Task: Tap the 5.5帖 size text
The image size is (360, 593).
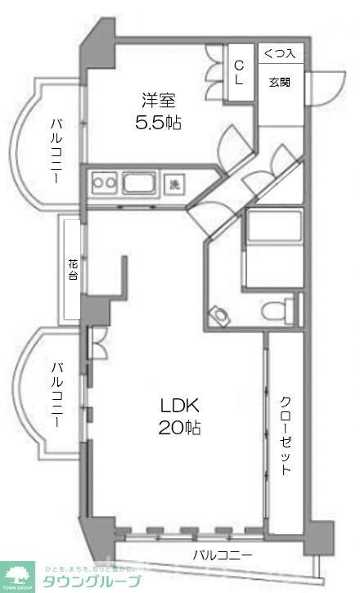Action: (159, 124)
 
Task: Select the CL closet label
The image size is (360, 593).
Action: (240, 73)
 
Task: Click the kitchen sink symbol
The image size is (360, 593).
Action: (141, 183)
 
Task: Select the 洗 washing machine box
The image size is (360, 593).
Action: (174, 184)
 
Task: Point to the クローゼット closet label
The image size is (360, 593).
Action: (286, 436)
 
